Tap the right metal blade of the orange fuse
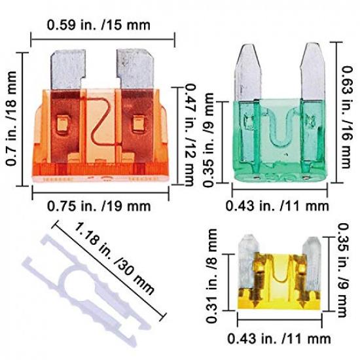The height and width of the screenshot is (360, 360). [x=134, y=69]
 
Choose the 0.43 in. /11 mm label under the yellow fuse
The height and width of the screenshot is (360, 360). [x=279, y=338]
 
